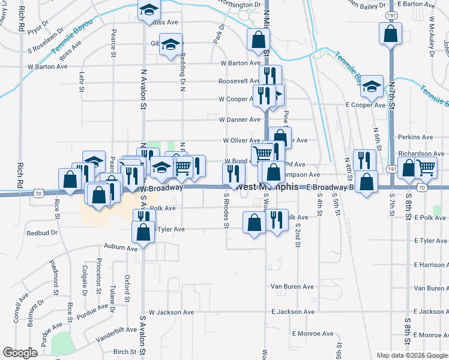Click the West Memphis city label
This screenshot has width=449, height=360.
(x=268, y=187)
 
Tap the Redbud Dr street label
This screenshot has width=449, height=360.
(x=42, y=232)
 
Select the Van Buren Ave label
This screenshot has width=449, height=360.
(x=292, y=287)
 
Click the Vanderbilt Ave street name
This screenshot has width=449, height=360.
(x=116, y=333)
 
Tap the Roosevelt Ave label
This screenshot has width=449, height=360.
(x=239, y=81)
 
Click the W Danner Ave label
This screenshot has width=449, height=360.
(x=240, y=120)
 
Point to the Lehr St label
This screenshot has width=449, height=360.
(x=82, y=82)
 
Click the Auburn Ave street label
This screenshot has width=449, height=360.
(x=121, y=247)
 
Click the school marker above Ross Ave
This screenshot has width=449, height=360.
(x=148, y=11)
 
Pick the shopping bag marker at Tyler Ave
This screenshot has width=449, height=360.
(x=143, y=232)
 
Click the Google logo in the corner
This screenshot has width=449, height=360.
(x=20, y=353)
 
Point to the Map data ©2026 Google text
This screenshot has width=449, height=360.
(x=411, y=355)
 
